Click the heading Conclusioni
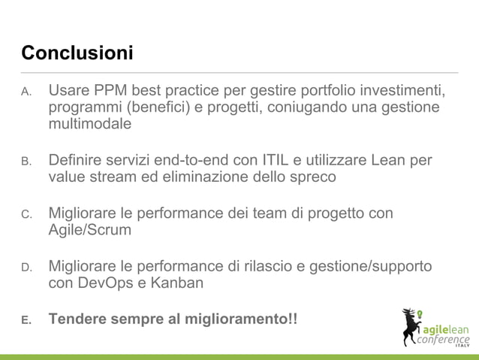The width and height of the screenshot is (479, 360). pos(77,54)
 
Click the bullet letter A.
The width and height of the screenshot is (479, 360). pos(25,93)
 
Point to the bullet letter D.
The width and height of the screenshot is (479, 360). pos(25,268)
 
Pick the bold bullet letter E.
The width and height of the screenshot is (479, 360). pos(25,321)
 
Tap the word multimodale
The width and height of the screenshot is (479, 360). pos(89,124)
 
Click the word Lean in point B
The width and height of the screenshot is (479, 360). pos(399,161)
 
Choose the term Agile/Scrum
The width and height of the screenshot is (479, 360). pos(89,231)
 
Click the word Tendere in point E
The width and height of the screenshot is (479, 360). pos(77,319)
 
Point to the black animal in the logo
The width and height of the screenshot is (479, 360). pos(411,326)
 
